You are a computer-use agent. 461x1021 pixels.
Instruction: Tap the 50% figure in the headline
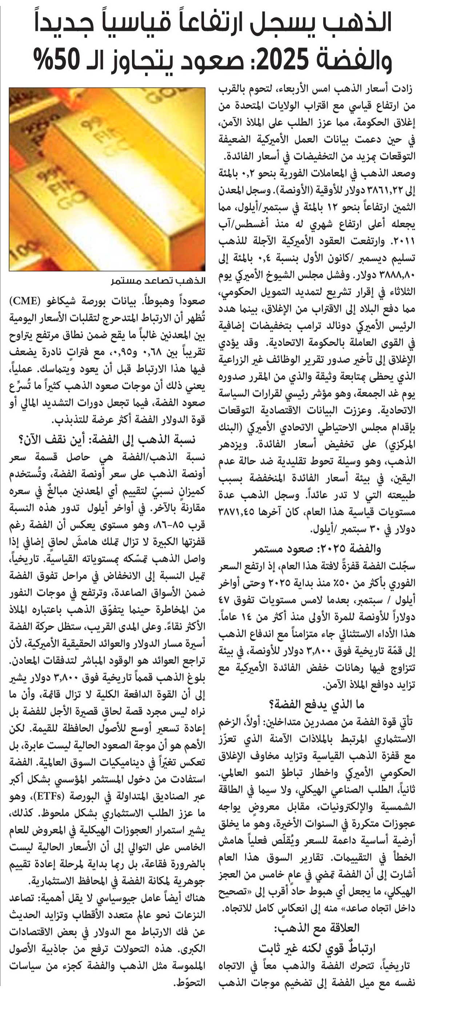pos(56,57)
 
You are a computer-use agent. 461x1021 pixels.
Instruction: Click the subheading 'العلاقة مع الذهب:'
pos(316,928)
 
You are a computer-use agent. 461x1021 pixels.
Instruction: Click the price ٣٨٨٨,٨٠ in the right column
pos(397,275)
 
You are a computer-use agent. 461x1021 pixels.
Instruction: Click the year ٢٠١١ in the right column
pos(405,241)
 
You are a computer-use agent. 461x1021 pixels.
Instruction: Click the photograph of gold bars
pos(107,179)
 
